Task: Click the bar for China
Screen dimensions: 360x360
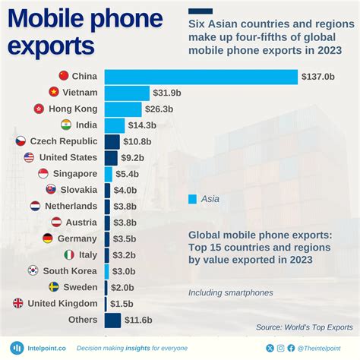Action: click(x=201, y=77)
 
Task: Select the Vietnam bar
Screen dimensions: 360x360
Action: click(x=127, y=93)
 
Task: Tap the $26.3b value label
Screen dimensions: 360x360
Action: click(x=159, y=109)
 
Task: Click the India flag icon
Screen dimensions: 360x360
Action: click(x=66, y=125)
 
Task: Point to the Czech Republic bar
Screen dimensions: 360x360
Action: click(x=112, y=142)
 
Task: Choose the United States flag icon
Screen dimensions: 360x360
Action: click(x=29, y=157)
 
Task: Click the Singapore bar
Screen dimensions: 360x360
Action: click(x=109, y=174)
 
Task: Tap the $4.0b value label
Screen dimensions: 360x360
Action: click(x=125, y=190)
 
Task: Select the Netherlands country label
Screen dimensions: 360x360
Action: click(x=71, y=206)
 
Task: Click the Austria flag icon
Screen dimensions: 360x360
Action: click(x=56, y=223)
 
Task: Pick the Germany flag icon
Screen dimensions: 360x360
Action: click(x=48, y=238)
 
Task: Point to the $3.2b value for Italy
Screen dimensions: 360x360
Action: click(x=124, y=255)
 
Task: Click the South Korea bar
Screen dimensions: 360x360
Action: click(x=106, y=272)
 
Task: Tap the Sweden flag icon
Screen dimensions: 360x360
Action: click(x=54, y=287)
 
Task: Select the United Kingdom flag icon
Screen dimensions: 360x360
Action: click(x=18, y=303)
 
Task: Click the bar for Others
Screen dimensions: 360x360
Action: click(x=112, y=321)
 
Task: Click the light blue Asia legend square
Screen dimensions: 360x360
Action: click(x=192, y=199)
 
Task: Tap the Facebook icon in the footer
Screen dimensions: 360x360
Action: click(x=291, y=348)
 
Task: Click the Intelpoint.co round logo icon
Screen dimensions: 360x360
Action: click(x=17, y=348)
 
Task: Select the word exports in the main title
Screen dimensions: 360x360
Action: click(x=51, y=46)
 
